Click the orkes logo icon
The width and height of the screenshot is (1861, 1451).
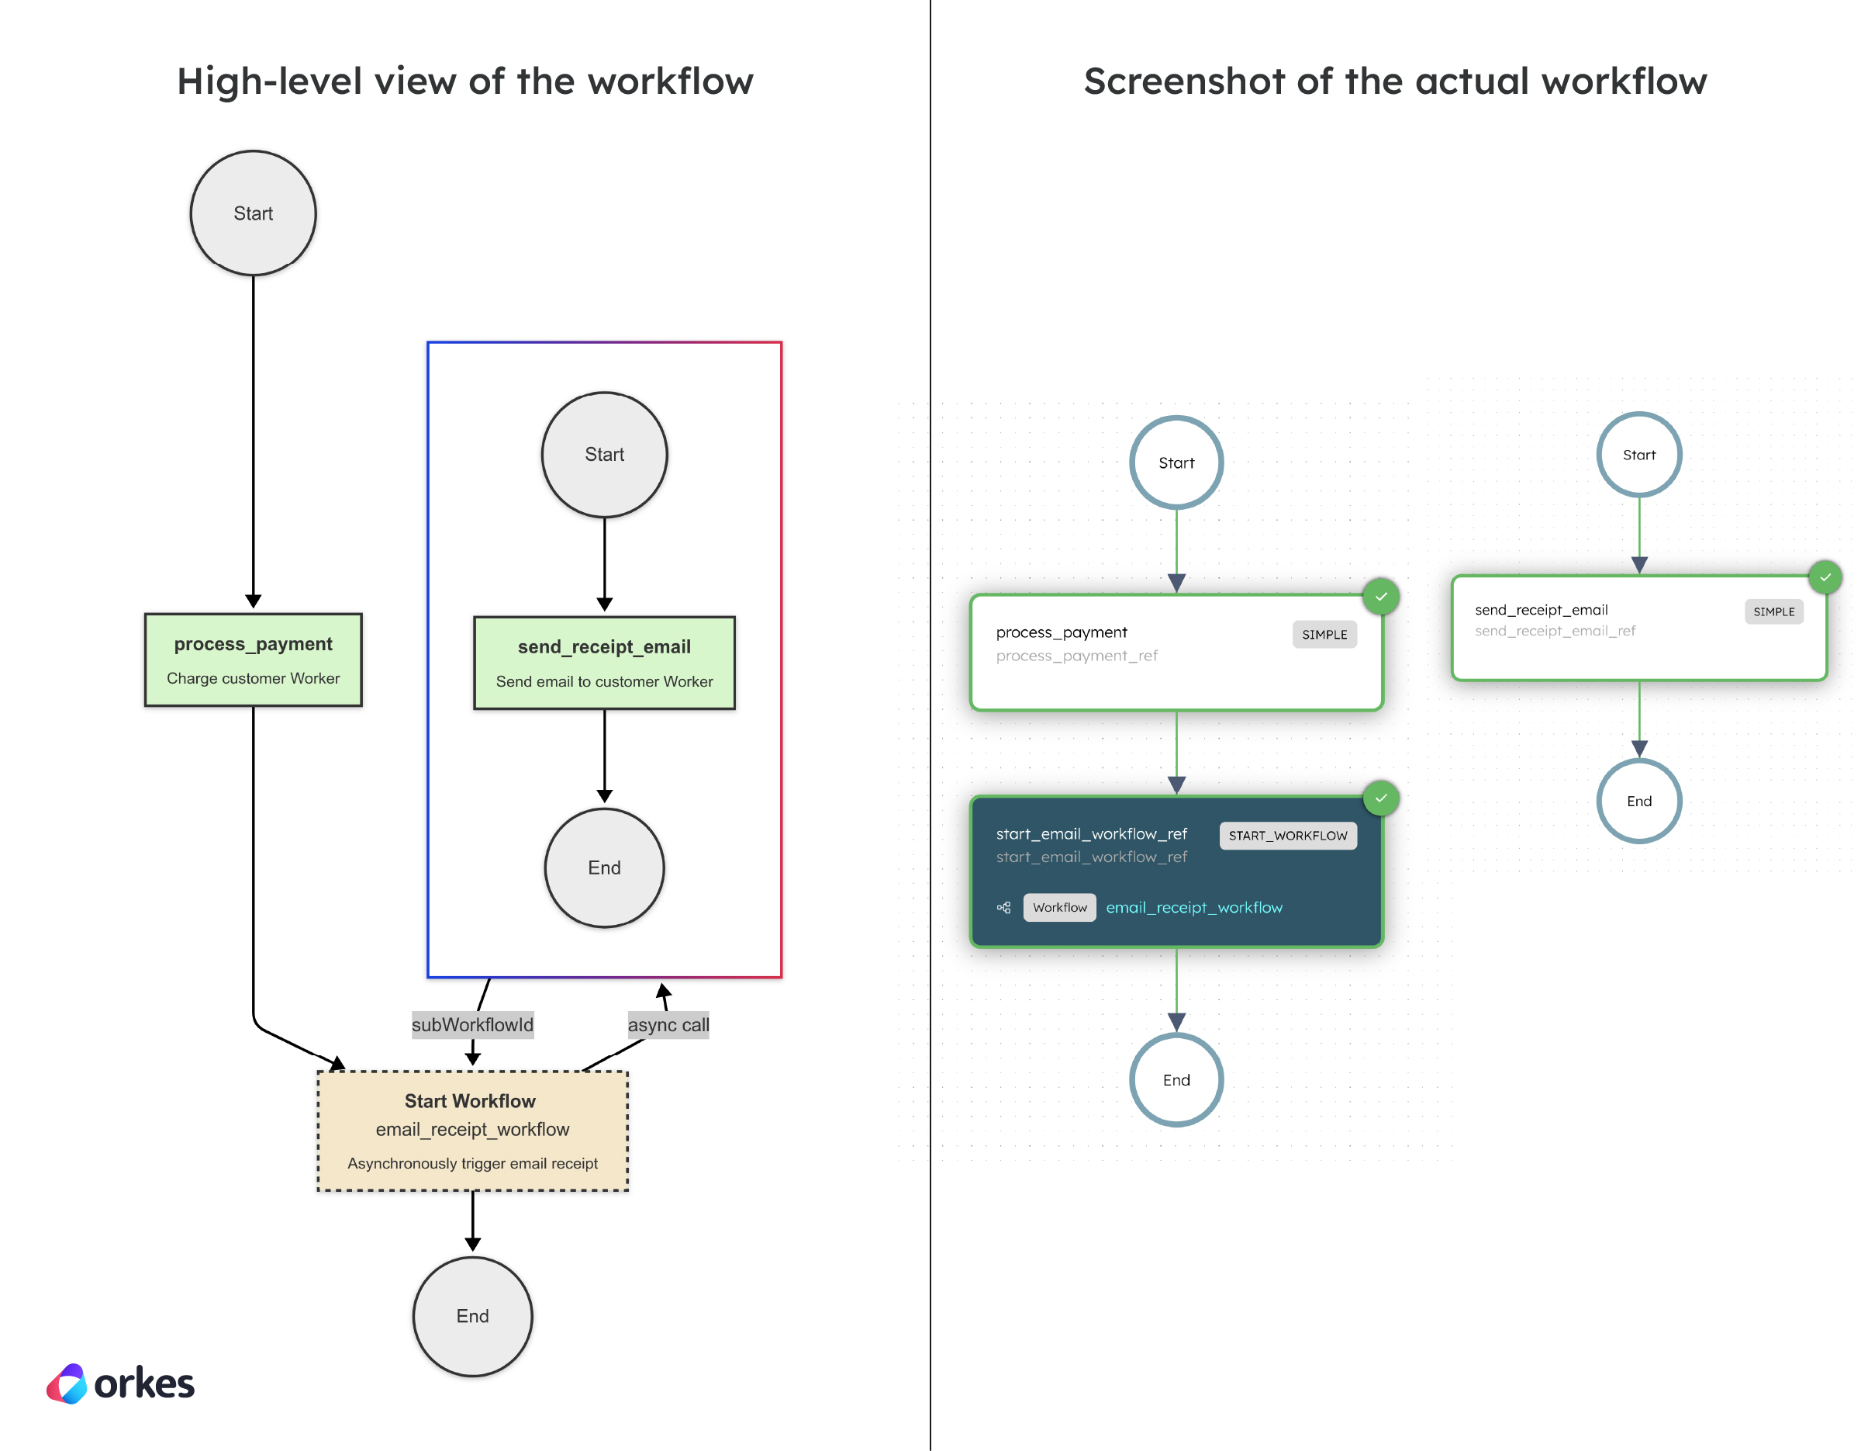67,1383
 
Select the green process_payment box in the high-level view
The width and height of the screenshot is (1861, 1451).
253,660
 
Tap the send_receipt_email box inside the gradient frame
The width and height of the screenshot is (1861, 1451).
604,663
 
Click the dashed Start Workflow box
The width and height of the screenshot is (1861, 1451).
472,1131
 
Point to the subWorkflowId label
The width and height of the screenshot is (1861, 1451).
472,1024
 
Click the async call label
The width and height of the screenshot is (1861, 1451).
668,1024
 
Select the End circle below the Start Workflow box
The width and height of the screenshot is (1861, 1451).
472,1315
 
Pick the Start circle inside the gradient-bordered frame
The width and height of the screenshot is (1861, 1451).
604,455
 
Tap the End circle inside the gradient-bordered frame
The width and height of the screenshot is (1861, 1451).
604,867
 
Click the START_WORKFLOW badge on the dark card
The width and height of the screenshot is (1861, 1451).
1286,836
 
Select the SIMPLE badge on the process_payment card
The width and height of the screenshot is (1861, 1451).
1324,634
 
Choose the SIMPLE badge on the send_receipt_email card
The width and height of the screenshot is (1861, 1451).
1773,611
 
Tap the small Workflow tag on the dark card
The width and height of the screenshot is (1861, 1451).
1059,907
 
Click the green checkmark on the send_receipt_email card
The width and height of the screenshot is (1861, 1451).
1825,577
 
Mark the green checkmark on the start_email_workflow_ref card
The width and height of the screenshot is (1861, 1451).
1380,798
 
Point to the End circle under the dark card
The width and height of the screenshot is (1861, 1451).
1176,1079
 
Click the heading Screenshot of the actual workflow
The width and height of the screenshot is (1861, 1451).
1395,81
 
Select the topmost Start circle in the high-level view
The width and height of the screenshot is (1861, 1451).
253,213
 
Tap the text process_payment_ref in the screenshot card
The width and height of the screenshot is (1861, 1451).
1076,656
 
